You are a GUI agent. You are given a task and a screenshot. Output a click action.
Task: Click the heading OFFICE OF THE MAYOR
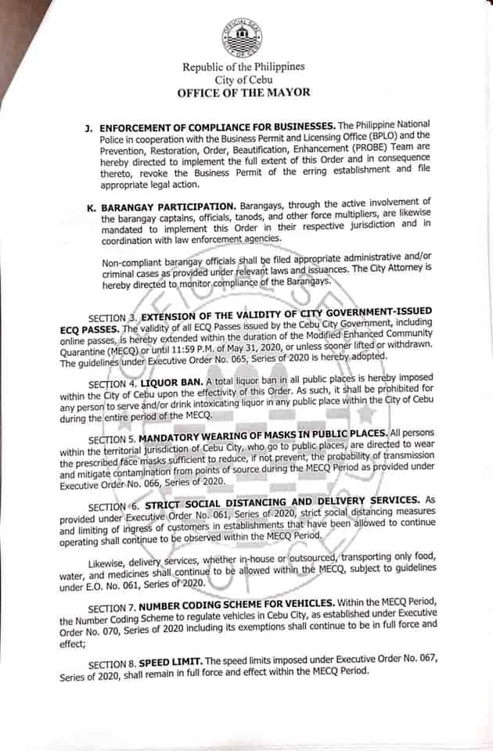pyautogui.click(x=243, y=92)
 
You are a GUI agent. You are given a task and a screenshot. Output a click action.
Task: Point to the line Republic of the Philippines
pyautogui.click(x=243, y=67)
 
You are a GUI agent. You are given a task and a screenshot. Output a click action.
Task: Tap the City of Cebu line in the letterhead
pyautogui.click(x=243, y=80)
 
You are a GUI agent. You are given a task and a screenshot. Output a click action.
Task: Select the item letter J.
pyautogui.click(x=91, y=126)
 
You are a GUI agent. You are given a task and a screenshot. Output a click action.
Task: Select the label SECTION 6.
pyautogui.click(x=113, y=506)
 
